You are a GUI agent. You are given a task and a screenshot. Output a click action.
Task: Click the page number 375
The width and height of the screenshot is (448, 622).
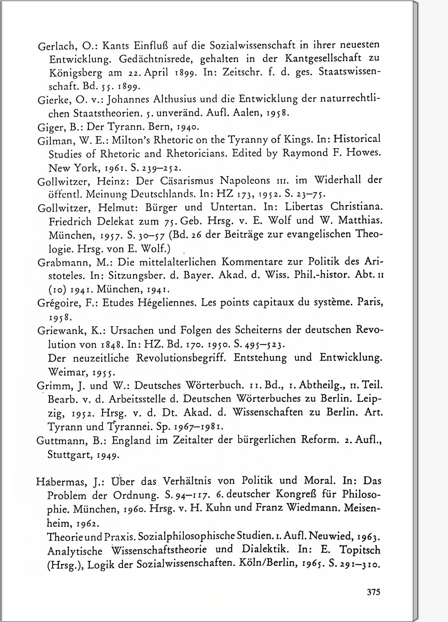(373, 592)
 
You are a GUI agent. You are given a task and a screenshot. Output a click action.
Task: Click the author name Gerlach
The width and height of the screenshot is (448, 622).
(54, 46)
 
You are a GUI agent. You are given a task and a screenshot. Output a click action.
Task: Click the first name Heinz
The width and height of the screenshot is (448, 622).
(113, 181)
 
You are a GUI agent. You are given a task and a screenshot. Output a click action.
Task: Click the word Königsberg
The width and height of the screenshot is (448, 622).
(76, 73)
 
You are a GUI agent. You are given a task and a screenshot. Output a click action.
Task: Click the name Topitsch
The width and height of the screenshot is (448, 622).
(360, 549)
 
